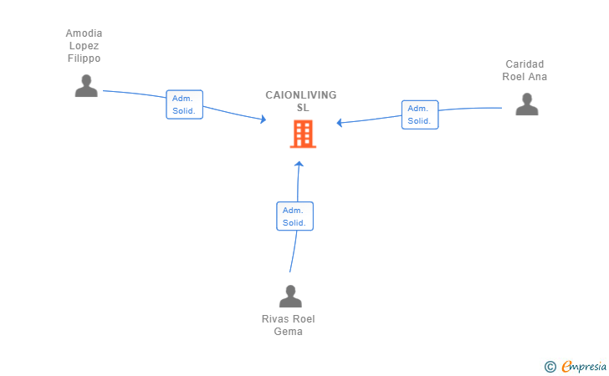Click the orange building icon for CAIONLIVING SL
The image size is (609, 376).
303,134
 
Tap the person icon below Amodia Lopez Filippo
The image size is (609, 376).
86,86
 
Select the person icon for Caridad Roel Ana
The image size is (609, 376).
527,104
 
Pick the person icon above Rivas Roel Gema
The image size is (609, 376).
290,296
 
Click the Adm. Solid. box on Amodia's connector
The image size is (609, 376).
185,104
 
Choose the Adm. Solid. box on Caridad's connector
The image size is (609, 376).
420,114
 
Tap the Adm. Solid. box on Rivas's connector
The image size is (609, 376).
294,216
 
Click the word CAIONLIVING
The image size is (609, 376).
301,95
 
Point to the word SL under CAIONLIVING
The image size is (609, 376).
303,108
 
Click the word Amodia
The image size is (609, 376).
84,33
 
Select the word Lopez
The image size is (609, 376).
84,46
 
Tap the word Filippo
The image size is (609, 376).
84,58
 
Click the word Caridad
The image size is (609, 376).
525,64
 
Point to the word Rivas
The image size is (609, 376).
274,319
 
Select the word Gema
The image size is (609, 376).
288,332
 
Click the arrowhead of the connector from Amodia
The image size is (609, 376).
264,119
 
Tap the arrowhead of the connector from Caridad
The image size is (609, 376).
340,123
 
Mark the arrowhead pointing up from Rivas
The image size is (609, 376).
299,164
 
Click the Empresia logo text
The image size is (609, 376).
584,366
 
